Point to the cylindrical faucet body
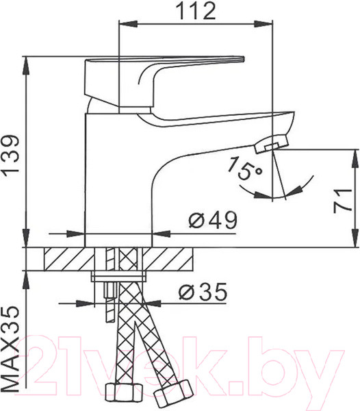[116, 178]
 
